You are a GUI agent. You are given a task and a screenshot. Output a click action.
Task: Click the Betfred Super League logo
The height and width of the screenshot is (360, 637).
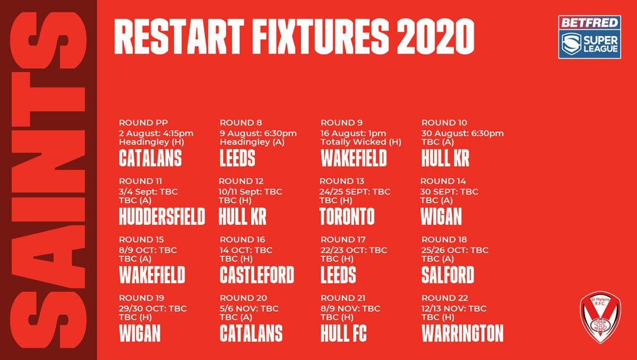coord(589,37)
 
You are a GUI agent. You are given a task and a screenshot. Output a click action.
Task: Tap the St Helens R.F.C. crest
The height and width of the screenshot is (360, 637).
coord(600,317)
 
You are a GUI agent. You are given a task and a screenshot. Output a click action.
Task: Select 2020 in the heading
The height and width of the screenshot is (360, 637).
coord(435,37)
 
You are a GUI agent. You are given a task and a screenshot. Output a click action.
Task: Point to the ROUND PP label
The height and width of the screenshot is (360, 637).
coord(143,123)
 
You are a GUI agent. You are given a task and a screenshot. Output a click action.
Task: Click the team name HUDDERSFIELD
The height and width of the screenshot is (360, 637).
coord(162,216)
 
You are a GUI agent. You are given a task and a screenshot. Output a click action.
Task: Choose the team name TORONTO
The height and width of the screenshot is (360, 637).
coord(347,216)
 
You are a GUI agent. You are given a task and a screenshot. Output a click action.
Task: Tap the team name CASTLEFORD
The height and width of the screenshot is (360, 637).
coord(257,275)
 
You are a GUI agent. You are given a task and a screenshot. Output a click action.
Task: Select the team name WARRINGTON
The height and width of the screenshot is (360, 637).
coord(462,333)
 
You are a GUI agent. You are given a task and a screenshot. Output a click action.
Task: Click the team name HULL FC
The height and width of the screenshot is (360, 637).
coord(343,333)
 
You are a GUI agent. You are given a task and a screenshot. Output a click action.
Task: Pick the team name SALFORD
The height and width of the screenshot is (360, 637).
coord(447,275)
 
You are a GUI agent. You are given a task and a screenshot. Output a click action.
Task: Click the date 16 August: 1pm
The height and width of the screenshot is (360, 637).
coord(353,133)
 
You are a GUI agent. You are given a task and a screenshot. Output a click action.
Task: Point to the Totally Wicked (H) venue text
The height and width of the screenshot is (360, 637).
coord(360,142)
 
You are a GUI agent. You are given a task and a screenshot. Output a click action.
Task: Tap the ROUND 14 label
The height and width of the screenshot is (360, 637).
coord(443,181)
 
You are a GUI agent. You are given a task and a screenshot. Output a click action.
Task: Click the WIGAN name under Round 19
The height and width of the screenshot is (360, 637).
coord(140,333)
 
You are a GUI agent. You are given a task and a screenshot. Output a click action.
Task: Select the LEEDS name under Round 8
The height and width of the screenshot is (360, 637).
coord(237,158)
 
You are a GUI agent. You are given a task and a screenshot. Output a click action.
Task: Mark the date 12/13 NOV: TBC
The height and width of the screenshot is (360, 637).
coord(454,308)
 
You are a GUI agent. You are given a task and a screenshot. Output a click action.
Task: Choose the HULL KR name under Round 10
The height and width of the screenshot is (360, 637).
coord(445,158)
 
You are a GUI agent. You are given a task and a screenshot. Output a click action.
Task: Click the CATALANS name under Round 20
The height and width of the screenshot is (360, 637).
coord(251,333)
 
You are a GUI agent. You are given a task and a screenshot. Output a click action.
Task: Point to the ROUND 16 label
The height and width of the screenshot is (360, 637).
coord(242,239)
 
